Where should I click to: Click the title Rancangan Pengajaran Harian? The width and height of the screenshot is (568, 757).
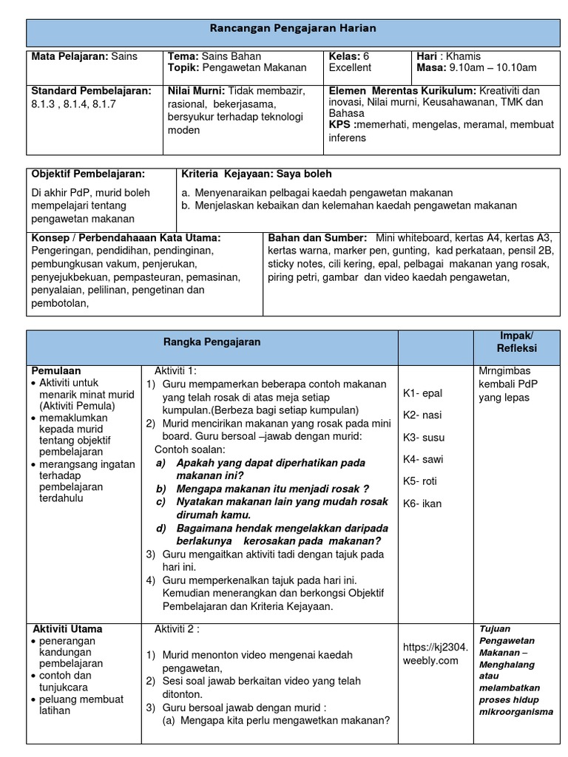click(x=294, y=28)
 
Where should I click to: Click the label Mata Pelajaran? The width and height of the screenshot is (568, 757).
click(x=70, y=56)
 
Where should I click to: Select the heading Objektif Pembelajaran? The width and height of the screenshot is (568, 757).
click(x=88, y=174)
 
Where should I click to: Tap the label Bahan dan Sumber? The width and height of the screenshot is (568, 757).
click(x=317, y=238)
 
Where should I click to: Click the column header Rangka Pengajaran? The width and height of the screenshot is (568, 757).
click(x=212, y=342)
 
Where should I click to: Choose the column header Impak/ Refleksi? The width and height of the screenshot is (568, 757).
click(x=516, y=342)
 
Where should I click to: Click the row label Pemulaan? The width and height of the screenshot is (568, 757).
click(x=56, y=370)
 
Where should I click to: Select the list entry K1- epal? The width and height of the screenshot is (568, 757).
click(x=422, y=393)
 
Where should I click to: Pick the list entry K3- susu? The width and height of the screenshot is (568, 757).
click(x=423, y=438)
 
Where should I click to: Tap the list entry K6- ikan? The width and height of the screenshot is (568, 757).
click(x=422, y=503)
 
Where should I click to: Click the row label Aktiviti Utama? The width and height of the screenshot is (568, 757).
click(x=67, y=629)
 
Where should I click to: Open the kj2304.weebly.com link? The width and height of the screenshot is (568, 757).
click(x=436, y=654)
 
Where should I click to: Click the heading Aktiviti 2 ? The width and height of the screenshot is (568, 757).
click(x=177, y=629)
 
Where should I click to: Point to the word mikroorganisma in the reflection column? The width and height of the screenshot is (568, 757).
click(x=515, y=712)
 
